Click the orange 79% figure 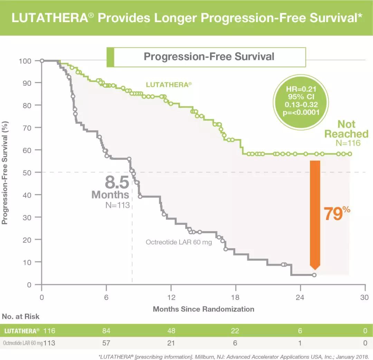click(336, 214)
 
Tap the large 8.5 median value click(117, 182)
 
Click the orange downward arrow click(315, 214)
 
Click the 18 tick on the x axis click(236, 297)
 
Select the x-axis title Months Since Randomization click(203, 309)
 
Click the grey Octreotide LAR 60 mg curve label click(179, 242)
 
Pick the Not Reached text click(346, 129)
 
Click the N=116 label click(347, 143)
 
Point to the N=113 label click(117, 205)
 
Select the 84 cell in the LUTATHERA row click(106, 331)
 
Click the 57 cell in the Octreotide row click(106, 343)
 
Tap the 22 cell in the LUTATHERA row click(235, 331)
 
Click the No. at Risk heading click(21, 316)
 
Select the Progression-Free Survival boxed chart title click(209, 57)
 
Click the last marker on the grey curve click(314, 275)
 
